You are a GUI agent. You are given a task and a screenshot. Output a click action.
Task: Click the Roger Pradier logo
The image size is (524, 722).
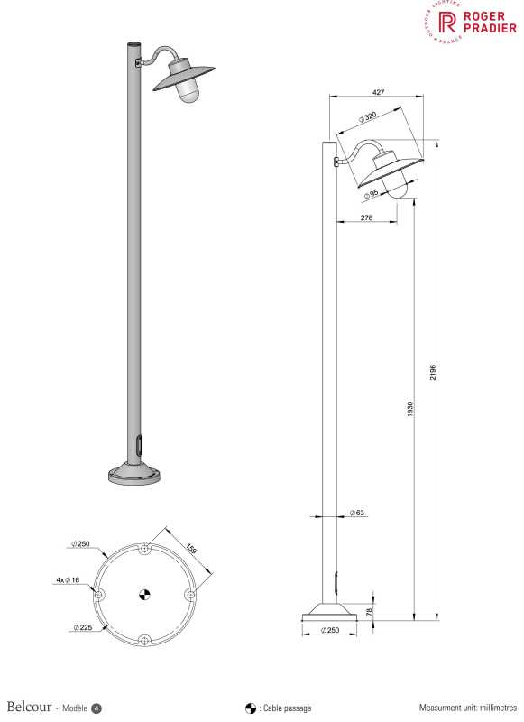click(x=469, y=22)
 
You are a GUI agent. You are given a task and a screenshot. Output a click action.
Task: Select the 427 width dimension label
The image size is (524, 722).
click(x=378, y=92)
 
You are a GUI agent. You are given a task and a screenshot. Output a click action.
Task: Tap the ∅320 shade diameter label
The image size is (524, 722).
click(x=368, y=117)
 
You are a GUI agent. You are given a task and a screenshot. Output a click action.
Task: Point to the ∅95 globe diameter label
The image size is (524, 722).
click(x=371, y=194)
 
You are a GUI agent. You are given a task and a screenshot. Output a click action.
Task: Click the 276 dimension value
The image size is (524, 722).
click(x=367, y=218)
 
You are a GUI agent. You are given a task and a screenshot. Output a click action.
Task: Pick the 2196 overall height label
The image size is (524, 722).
click(x=432, y=372)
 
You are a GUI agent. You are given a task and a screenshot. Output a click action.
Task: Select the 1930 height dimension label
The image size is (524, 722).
click(x=410, y=409)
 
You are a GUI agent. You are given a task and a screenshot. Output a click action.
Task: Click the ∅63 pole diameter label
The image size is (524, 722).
click(x=356, y=513)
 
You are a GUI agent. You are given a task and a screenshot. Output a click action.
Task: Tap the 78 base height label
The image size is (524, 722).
click(x=369, y=612)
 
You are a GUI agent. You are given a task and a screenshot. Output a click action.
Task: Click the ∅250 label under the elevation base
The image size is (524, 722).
click(x=330, y=630)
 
